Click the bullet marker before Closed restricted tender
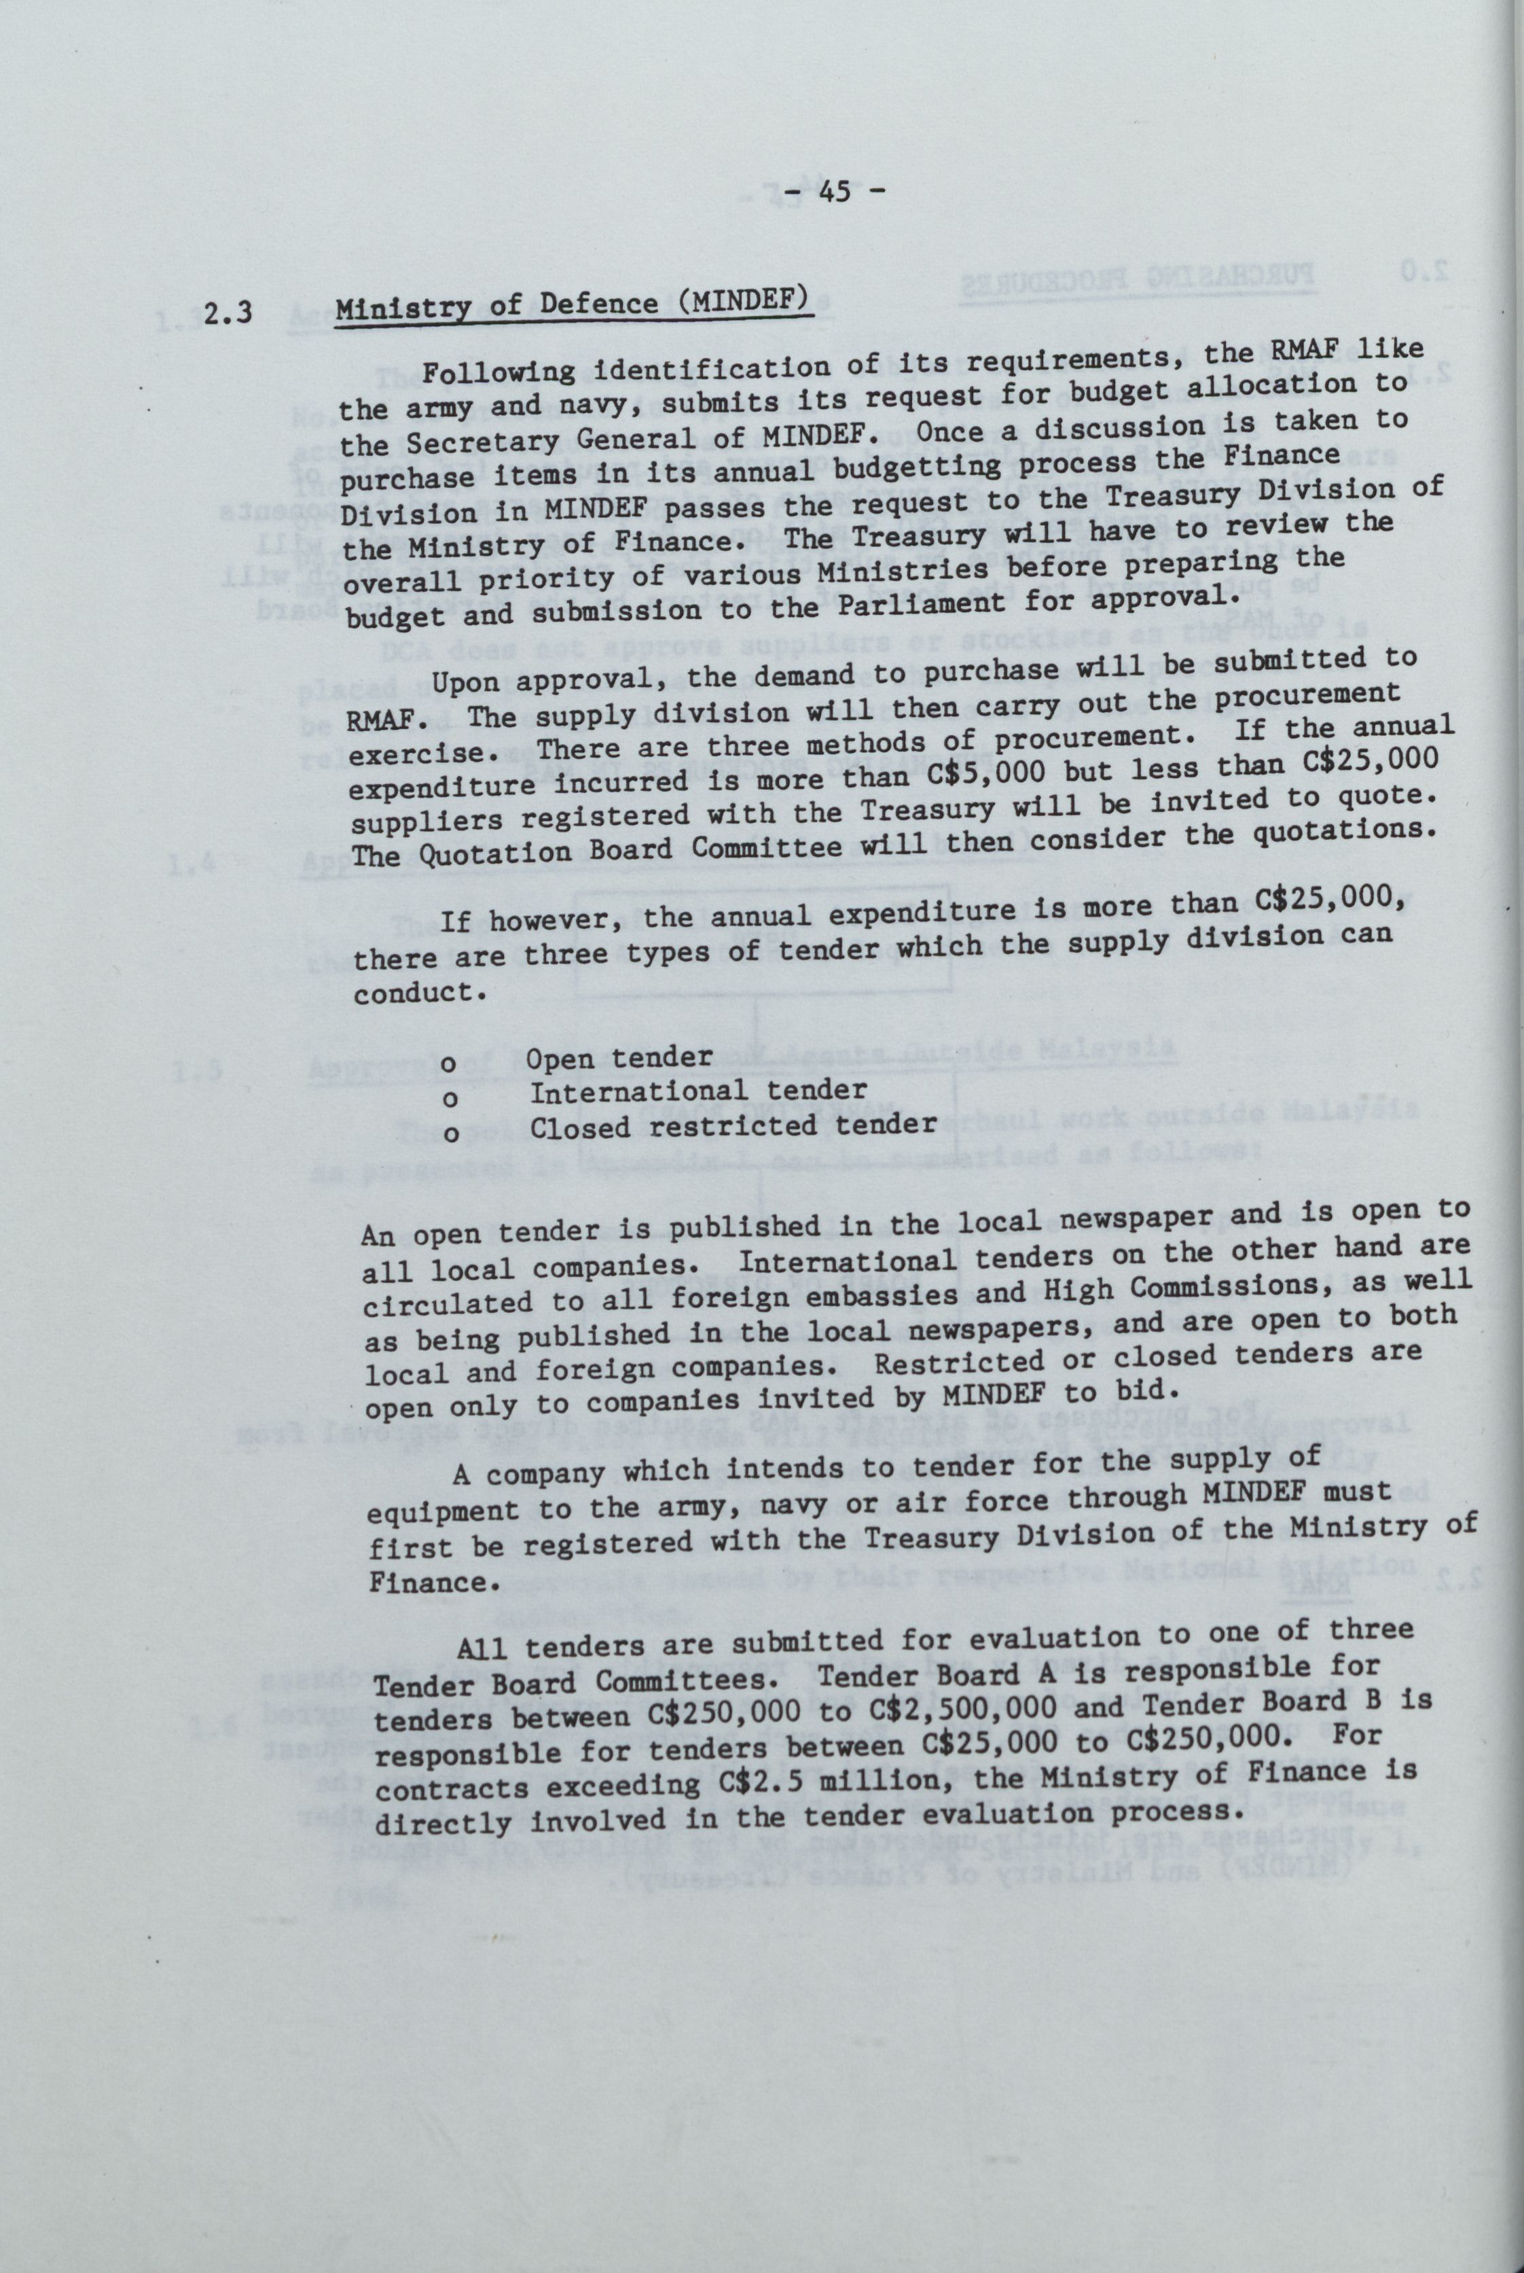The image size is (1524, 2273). [450, 1133]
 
